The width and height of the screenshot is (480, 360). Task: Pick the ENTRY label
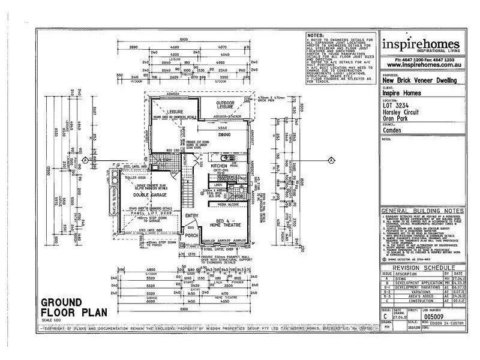point(193,215)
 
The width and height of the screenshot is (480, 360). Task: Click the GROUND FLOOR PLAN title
point(67,308)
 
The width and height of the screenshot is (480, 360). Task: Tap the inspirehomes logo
point(420,46)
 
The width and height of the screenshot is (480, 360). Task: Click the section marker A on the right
point(331,160)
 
